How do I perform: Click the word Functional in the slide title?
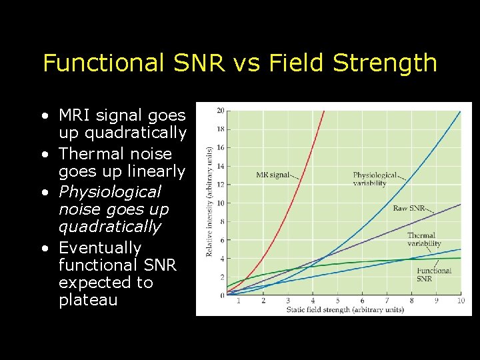(x=103, y=63)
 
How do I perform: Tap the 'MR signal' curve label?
(x=273, y=175)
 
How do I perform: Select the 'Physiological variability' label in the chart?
(x=375, y=179)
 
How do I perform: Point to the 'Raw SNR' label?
(x=409, y=209)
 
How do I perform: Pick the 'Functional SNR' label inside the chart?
(x=434, y=274)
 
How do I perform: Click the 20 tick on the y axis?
(x=220, y=111)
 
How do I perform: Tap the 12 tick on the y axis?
(x=220, y=185)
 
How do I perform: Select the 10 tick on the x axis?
(x=460, y=301)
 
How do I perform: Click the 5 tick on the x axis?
(x=337, y=301)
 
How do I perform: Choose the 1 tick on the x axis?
(x=239, y=301)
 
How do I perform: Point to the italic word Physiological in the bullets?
(x=109, y=192)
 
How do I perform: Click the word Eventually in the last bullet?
(x=100, y=248)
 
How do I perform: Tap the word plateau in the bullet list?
(x=87, y=300)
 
